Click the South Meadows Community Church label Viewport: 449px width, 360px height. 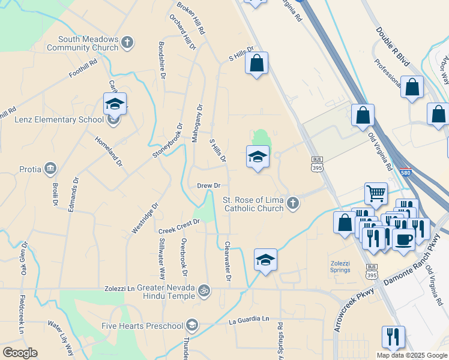tap(82, 43)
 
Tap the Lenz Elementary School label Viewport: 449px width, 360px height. tap(59, 119)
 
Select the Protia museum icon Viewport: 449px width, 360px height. tap(50, 169)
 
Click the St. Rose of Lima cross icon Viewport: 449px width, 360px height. tap(292, 203)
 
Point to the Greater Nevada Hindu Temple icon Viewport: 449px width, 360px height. tap(204, 290)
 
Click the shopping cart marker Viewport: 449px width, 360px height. tap(376, 194)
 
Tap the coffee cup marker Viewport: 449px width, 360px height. tap(403, 239)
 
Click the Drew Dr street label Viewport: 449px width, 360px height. tap(209, 186)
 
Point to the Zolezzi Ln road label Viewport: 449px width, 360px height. tap(119, 289)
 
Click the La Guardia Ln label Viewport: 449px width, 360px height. tap(249, 320)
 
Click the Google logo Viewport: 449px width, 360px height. tap(20, 353)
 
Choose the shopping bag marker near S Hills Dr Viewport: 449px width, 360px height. tap(256, 63)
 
